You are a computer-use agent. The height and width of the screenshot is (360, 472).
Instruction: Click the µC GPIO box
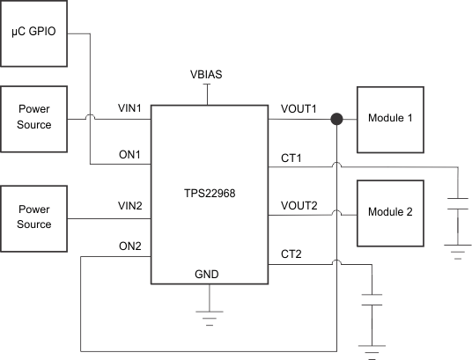pyautogui.click(x=33, y=34)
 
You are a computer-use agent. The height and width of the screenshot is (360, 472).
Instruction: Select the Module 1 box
pyautogui.click(x=389, y=118)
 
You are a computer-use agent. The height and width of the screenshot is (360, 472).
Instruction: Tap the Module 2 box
pyautogui.click(x=389, y=212)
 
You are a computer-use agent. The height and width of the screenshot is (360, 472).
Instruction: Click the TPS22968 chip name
pyautogui.click(x=208, y=189)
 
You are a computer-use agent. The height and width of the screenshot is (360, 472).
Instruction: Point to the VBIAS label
pyautogui.click(x=207, y=75)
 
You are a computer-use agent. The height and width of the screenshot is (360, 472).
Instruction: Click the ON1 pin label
pyautogui.click(x=131, y=156)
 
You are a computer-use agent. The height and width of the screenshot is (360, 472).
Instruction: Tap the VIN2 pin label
pyautogui.click(x=131, y=206)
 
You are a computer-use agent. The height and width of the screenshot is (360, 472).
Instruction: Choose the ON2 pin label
pyautogui.click(x=131, y=246)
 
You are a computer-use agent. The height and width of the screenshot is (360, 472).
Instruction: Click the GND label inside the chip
pyautogui.click(x=207, y=275)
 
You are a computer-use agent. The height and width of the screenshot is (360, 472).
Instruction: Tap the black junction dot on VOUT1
pyautogui.click(x=336, y=119)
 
